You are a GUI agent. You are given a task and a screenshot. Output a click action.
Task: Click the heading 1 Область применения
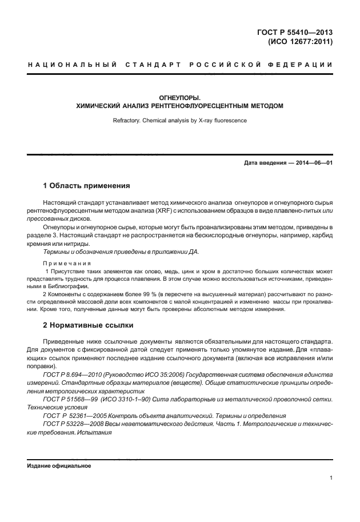87,186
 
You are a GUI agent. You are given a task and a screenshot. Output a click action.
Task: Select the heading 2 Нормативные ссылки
89,325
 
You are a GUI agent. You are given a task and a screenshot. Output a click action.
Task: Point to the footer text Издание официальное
59,465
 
